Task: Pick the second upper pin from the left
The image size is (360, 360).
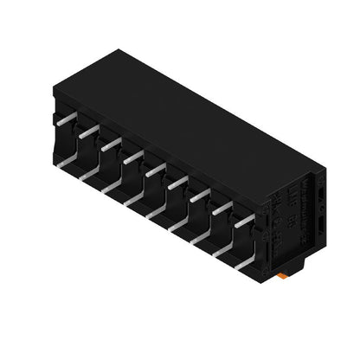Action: pyautogui.click(x=84, y=132)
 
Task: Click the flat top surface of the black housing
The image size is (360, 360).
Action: pyautogui.click(x=199, y=112)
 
